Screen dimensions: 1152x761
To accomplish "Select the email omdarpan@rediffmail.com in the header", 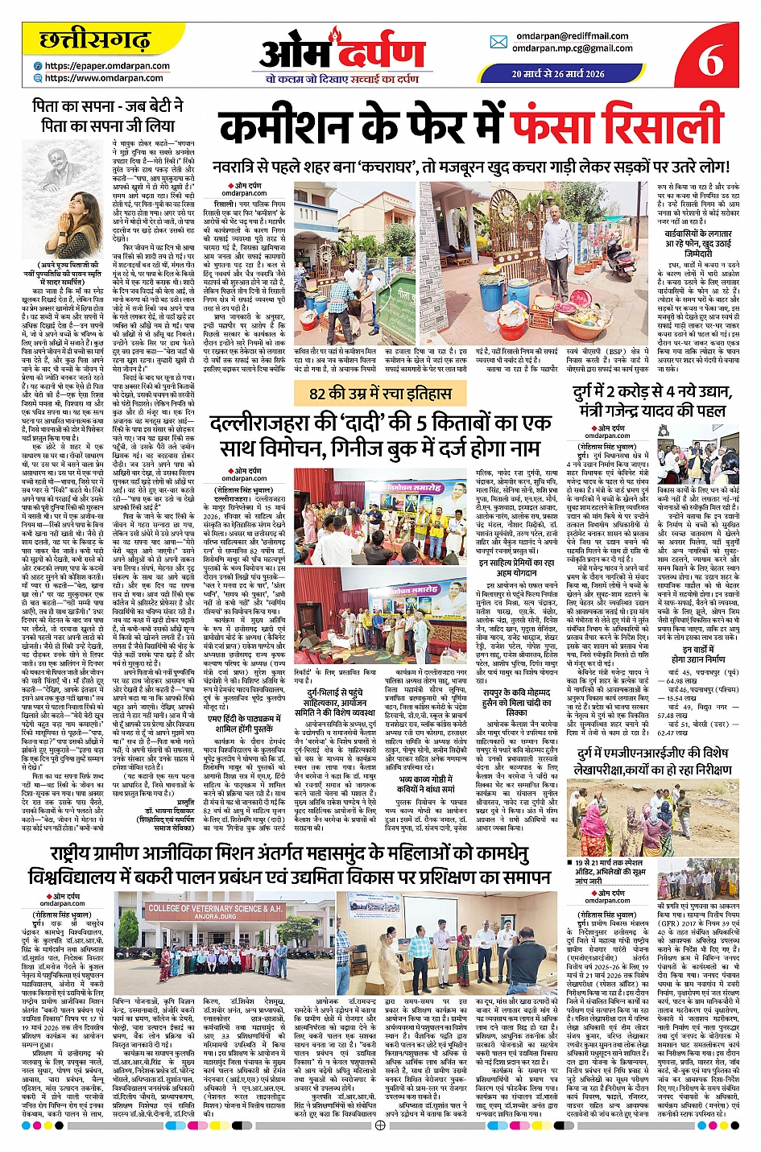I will [573, 36].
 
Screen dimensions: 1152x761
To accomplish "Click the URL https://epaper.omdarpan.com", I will [107, 66].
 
